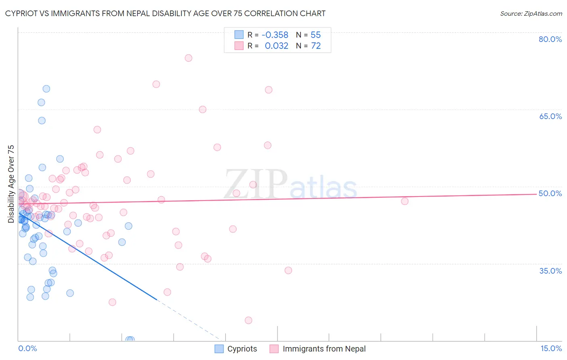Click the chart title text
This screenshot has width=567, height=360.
[165, 14]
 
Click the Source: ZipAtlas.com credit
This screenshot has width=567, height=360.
[531, 14]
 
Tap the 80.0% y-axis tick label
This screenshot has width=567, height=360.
[550, 39]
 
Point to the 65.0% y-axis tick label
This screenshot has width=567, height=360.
[550, 116]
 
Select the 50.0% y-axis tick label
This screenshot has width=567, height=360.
[550, 193]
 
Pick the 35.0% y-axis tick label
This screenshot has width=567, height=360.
[550, 271]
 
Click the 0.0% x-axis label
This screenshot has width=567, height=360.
[27, 348]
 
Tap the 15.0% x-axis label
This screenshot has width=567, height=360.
[551, 348]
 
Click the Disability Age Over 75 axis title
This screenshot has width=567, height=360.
[11, 184]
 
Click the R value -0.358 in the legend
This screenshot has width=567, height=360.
[275, 35]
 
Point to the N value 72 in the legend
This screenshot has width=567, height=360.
[316, 46]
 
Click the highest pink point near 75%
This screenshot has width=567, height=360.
[188, 58]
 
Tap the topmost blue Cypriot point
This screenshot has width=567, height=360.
[46, 89]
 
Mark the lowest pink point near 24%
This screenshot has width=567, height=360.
[248, 320]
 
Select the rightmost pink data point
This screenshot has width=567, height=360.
[404, 201]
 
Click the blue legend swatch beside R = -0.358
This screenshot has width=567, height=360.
[239, 35]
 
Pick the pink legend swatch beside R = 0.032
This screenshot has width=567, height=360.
[239, 46]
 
